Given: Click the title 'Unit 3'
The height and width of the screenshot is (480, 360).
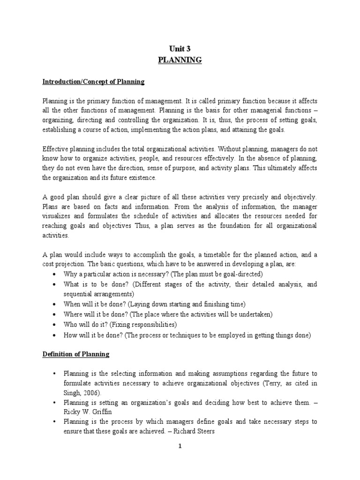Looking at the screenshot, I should tap(180, 48).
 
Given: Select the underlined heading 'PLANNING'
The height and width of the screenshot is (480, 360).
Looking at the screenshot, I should tap(180, 60).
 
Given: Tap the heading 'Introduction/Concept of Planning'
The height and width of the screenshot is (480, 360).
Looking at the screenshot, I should tap(94, 82).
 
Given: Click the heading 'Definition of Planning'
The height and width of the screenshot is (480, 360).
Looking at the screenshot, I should tap(76, 354).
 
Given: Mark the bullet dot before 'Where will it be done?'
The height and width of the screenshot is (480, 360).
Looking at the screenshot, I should tap(56, 314).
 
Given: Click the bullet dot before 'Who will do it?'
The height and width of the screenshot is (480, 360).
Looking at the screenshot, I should tap(56, 324).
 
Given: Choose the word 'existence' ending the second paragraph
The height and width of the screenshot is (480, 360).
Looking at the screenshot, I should tap(142, 178).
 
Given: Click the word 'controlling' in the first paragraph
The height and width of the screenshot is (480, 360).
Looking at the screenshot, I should tap(136, 120).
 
